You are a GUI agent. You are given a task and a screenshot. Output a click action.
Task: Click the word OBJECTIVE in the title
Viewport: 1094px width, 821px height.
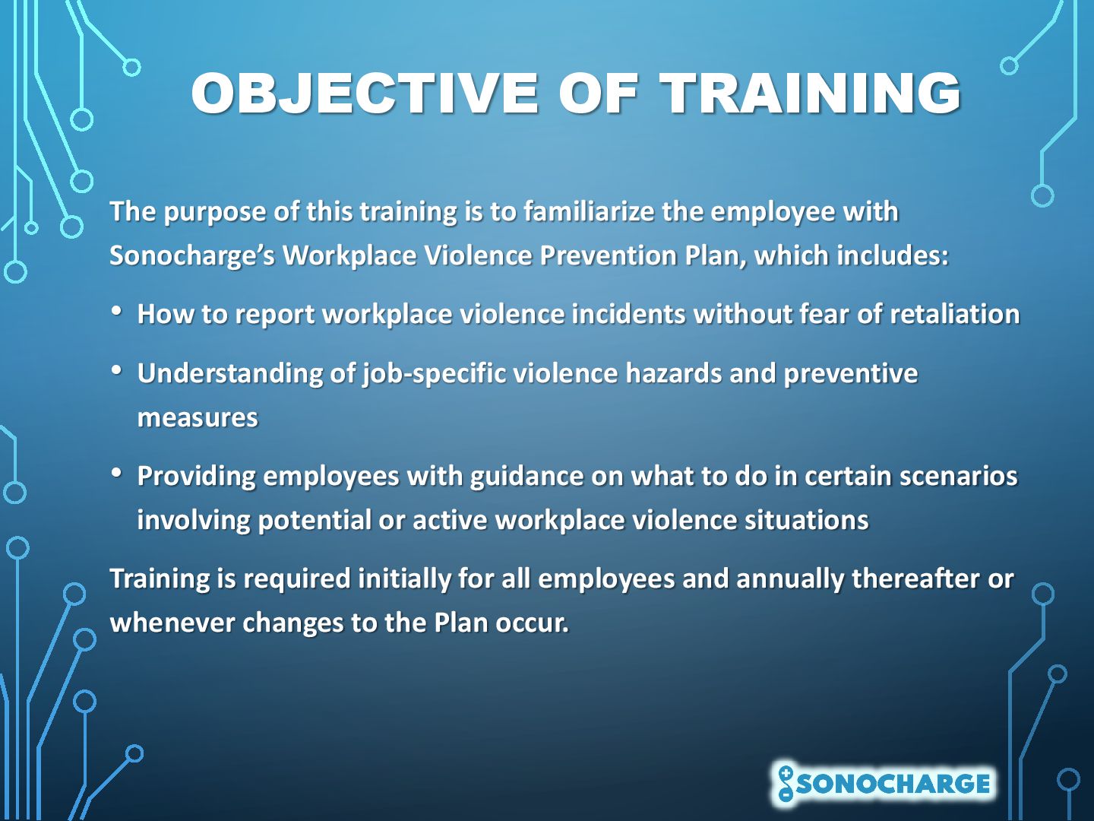click(x=365, y=94)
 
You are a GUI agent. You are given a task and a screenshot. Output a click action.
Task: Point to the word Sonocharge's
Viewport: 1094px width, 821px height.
click(x=192, y=256)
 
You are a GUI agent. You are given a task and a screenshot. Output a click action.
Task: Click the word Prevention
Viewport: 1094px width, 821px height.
click(x=608, y=255)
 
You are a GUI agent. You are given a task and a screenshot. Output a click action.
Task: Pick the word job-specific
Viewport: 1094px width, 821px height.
click(x=434, y=374)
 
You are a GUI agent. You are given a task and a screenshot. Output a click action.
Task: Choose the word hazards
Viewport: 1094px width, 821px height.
click(x=673, y=372)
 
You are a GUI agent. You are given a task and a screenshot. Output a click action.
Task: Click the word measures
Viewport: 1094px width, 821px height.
click(x=198, y=418)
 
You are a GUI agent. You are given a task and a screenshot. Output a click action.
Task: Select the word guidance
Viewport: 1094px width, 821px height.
click(x=526, y=477)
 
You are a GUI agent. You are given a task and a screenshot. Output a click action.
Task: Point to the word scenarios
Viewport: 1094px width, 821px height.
click(x=959, y=476)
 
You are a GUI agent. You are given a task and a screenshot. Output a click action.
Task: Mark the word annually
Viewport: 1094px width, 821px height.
click(x=790, y=579)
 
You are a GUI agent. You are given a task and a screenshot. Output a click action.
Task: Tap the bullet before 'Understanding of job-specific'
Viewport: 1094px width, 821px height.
click(x=117, y=370)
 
